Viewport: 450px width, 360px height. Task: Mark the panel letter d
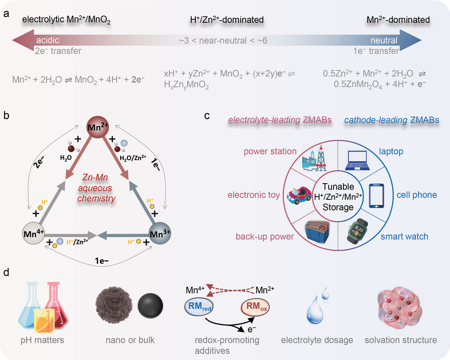click(7, 272)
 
